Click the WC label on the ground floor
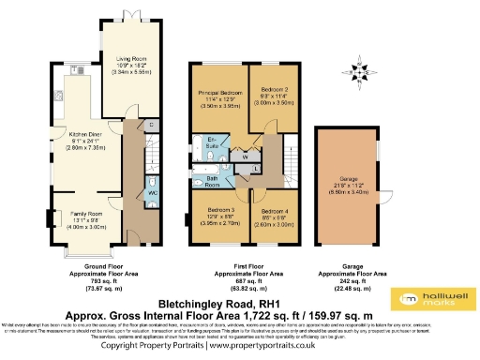coord(152,193)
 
